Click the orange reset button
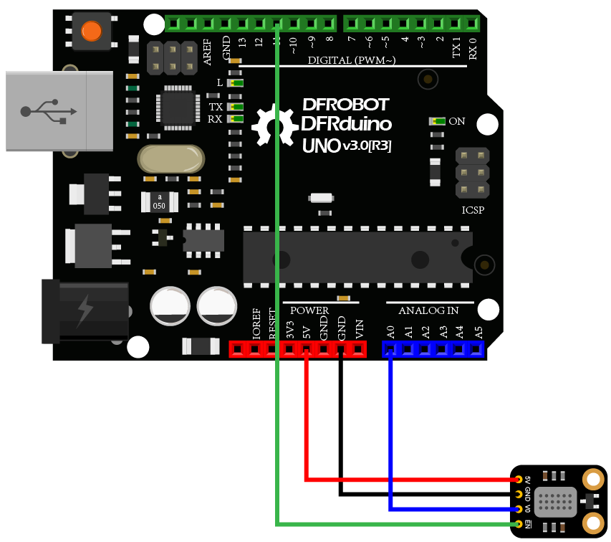click(x=91, y=32)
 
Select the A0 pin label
click(x=390, y=332)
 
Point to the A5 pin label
click(x=478, y=332)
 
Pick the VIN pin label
click(x=360, y=329)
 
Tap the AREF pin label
click(x=208, y=52)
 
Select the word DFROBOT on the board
click(x=345, y=105)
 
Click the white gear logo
click(x=274, y=128)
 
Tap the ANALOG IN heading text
click(x=428, y=310)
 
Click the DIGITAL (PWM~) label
click(x=352, y=60)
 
